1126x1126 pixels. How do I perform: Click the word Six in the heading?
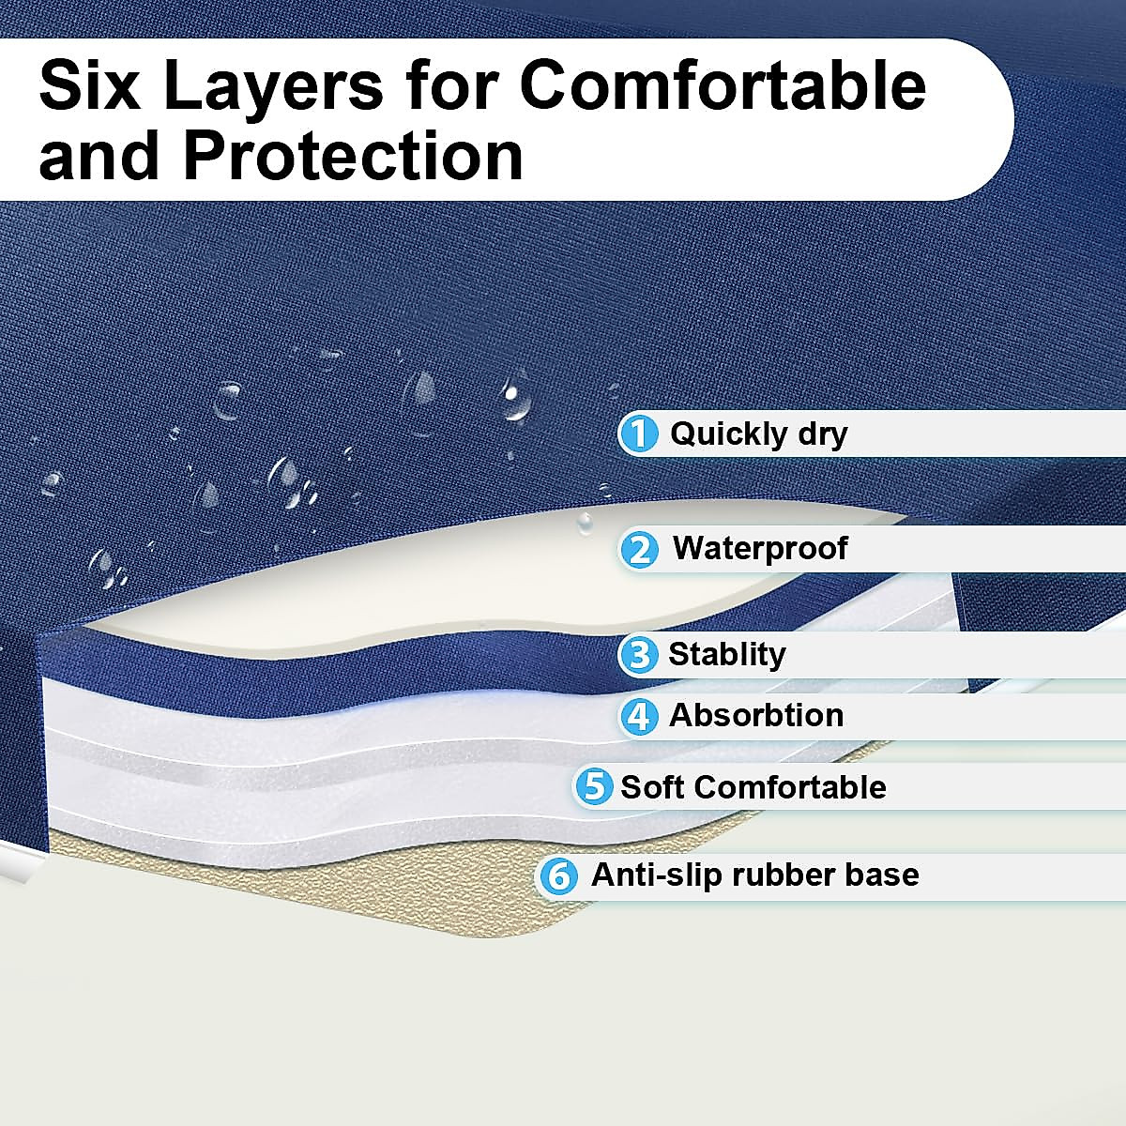point(90,85)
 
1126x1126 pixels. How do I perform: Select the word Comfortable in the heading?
point(723,85)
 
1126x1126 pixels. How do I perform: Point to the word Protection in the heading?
point(353,154)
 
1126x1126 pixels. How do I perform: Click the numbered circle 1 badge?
point(640,434)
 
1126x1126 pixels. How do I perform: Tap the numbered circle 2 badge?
point(640,549)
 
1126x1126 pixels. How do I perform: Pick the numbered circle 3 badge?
point(639,655)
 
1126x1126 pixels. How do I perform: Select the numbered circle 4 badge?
point(639,716)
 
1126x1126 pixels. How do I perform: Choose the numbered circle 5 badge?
point(594,786)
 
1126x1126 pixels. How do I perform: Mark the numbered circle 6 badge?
point(559,876)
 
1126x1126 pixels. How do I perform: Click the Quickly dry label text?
point(758,435)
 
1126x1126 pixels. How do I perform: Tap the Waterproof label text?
point(760,549)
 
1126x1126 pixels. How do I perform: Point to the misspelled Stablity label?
point(727,655)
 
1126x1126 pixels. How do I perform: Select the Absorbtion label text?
point(756,715)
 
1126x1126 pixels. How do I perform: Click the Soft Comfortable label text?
point(753,786)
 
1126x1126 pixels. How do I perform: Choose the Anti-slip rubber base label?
point(755,875)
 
